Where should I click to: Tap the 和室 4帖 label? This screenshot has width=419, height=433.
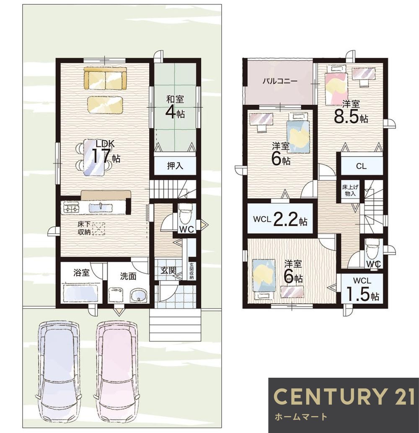[x=175, y=107]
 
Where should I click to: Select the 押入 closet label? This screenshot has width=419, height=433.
[x=175, y=166]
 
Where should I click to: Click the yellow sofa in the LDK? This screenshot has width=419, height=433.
[x=105, y=78]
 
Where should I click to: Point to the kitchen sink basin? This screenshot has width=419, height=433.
[x=101, y=208]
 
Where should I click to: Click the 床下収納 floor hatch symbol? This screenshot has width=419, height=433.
[x=98, y=228]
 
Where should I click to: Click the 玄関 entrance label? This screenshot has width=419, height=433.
[x=168, y=271]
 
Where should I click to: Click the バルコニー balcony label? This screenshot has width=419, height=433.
[x=280, y=81]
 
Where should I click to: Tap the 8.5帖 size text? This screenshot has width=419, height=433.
[x=351, y=117]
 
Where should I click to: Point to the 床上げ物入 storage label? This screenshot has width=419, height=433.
[x=350, y=191]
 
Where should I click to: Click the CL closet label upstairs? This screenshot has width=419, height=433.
[x=361, y=166]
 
